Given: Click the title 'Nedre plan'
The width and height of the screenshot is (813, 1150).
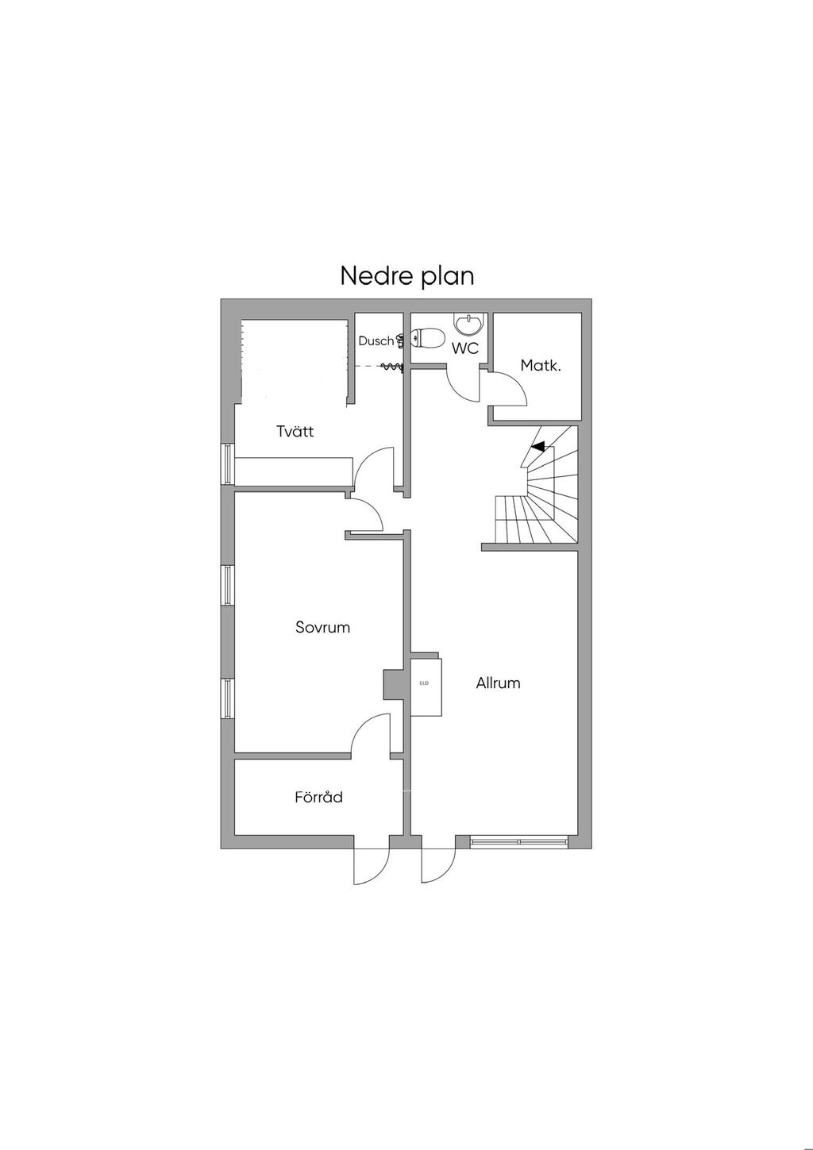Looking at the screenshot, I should pyautogui.click(x=406, y=275).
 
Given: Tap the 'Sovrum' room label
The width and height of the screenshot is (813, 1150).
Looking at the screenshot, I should pyautogui.click(x=322, y=627).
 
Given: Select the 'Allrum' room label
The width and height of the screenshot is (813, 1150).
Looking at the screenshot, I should pyautogui.click(x=498, y=683).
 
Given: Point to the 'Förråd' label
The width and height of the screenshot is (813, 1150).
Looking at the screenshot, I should pyautogui.click(x=318, y=797).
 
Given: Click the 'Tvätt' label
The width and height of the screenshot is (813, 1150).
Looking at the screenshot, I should pyautogui.click(x=295, y=431).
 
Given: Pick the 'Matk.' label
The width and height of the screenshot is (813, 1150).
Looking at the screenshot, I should pyautogui.click(x=541, y=366).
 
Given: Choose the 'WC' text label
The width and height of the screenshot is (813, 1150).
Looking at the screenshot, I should pyautogui.click(x=465, y=348).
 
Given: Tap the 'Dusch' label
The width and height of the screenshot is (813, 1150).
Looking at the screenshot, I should pyautogui.click(x=376, y=340).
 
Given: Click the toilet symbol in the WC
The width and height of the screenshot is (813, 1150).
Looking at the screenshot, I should pyautogui.click(x=427, y=339).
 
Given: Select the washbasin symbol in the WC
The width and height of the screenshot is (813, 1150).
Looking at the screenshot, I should pyautogui.click(x=468, y=323).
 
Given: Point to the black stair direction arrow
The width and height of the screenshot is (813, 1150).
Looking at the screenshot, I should pyautogui.click(x=538, y=447).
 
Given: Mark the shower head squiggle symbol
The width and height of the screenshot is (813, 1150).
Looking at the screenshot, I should pyautogui.click(x=391, y=367).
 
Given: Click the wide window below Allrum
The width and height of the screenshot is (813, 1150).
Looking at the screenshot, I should pyautogui.click(x=519, y=840).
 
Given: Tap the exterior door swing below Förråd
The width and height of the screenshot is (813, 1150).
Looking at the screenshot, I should pyautogui.click(x=371, y=863).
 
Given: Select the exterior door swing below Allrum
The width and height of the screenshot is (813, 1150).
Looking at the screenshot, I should pyautogui.click(x=439, y=863).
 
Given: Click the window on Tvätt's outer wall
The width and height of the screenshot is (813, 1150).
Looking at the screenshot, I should pyautogui.click(x=228, y=463).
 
